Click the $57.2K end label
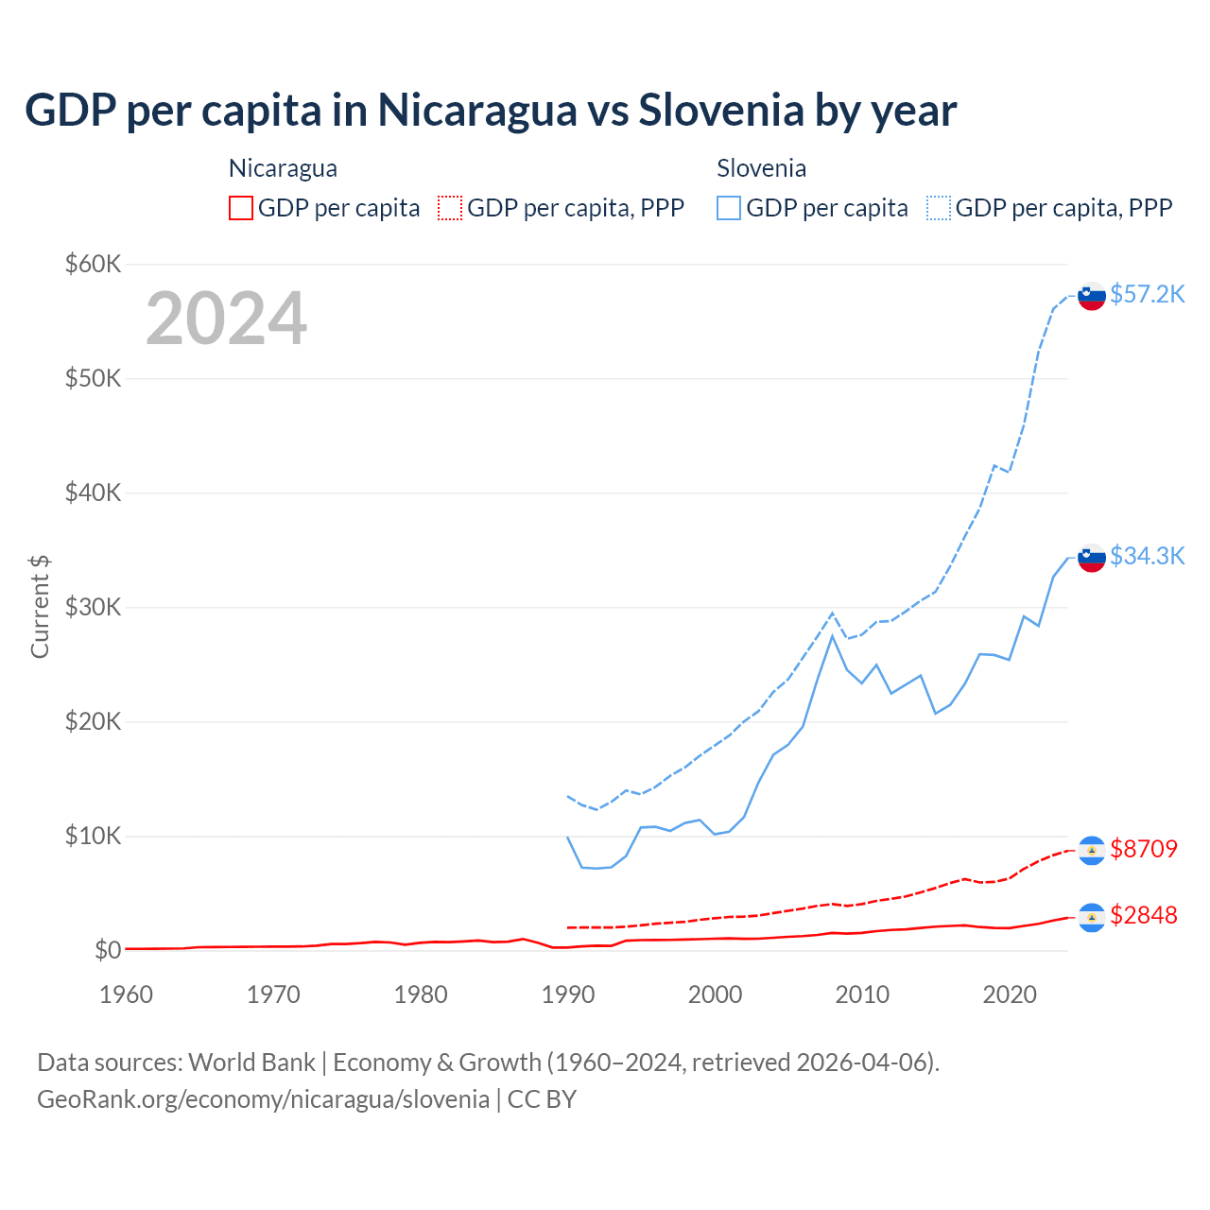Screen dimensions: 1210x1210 1147,294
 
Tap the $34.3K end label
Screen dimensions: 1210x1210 1147,556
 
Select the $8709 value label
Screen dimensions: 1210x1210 1144,849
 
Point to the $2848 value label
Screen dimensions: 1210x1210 1144,915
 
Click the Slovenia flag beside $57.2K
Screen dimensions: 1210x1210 1092,296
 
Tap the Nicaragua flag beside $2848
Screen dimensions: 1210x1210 1092,917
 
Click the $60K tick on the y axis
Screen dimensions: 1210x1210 93,264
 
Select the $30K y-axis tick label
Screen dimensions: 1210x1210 93,607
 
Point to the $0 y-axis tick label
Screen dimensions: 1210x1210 108,950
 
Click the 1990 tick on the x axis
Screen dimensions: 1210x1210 568,994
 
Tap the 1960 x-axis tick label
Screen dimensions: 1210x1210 127,994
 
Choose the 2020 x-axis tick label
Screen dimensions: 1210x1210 1010,994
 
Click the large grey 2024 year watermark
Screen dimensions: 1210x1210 227,319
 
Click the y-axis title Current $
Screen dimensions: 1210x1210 40,607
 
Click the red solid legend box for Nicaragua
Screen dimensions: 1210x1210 241,208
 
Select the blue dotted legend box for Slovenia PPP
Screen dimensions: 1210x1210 939,208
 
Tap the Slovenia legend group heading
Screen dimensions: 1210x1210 761,168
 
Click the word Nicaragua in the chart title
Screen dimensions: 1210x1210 477,111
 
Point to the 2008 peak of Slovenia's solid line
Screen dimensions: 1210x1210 832,635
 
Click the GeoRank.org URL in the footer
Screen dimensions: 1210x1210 263,1099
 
